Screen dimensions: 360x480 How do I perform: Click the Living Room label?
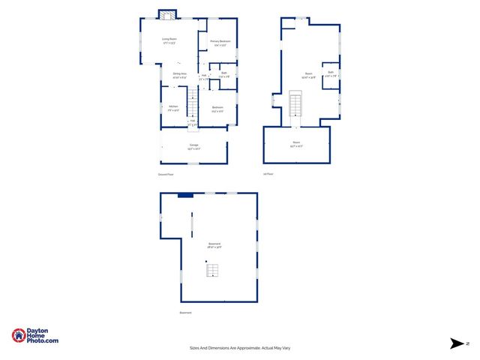point(169,40)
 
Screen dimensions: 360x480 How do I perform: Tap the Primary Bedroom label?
point(220,42)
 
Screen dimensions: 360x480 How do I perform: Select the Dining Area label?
point(180,76)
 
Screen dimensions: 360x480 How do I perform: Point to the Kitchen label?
point(173,109)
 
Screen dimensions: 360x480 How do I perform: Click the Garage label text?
point(193,148)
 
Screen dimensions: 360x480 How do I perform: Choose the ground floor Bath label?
point(223,74)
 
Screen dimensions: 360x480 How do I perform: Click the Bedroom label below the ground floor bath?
point(217,109)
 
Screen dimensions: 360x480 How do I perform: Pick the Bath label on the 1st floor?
point(330,74)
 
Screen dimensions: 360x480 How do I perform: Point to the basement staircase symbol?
point(213,269)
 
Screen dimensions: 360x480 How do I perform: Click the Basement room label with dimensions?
point(214,245)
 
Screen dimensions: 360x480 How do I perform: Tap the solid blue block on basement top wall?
point(185,195)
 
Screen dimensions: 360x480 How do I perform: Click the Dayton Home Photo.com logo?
point(35,336)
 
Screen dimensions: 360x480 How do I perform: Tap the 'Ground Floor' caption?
point(166,174)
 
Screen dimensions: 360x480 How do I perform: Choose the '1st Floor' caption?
point(268,174)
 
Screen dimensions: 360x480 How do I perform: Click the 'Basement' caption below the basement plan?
point(185,313)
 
